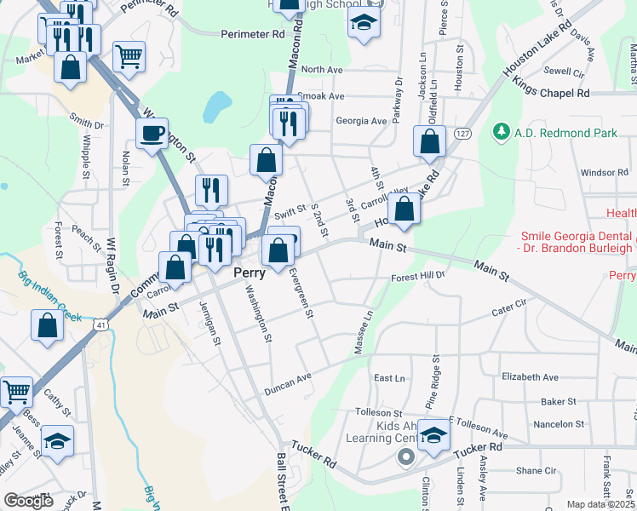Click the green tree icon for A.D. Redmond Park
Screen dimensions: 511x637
[502, 132]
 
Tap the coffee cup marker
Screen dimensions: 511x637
[152, 134]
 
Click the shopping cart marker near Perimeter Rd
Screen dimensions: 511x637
[128, 56]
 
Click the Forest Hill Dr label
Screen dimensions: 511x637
[418, 277]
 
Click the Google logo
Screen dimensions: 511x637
[28, 501]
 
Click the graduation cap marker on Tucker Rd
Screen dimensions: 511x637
[433, 438]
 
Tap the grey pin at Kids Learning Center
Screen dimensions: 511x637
[406, 457]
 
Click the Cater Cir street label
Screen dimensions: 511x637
[510, 312]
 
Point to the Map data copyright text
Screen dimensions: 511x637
[600, 504]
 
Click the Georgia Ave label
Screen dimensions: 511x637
[360, 121]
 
